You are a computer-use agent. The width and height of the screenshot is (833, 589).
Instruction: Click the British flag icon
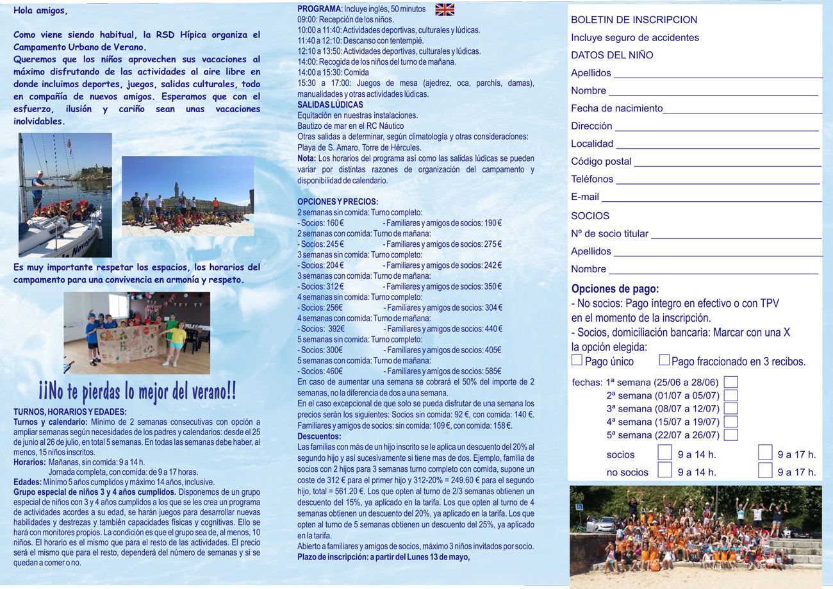tap(444, 9)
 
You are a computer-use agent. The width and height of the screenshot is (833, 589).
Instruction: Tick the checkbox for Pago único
tap(577, 360)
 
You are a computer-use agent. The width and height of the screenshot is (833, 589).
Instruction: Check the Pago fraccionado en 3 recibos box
tap(664, 360)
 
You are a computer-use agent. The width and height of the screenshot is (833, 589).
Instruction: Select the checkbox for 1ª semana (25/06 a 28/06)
tap(730, 382)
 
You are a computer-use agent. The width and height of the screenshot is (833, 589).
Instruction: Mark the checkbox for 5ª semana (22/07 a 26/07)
tap(730, 435)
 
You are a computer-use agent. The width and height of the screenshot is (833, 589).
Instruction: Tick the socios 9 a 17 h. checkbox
tap(765, 453)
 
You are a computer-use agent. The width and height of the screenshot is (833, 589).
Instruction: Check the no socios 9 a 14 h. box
tap(665, 470)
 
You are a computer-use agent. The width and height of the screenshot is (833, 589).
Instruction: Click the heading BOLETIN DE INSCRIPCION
tap(634, 20)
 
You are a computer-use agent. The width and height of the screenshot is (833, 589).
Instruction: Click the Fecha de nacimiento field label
tap(616, 108)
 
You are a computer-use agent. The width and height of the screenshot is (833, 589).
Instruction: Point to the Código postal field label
tap(601, 162)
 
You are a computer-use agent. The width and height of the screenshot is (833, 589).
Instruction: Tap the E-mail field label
tap(584, 197)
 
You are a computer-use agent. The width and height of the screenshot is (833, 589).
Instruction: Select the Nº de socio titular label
tap(609, 234)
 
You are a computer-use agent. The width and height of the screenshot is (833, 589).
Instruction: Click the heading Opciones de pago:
tap(614, 289)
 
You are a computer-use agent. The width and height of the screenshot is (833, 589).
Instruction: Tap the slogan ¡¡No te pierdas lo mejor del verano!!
tap(137, 390)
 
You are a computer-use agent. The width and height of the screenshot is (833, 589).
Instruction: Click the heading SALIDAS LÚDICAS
tap(330, 104)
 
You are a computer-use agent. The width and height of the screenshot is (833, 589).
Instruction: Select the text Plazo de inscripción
tap(332, 556)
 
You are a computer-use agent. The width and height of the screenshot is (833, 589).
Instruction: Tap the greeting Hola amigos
tap(40, 11)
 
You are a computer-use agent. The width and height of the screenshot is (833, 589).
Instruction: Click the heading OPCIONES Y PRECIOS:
tap(338, 201)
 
